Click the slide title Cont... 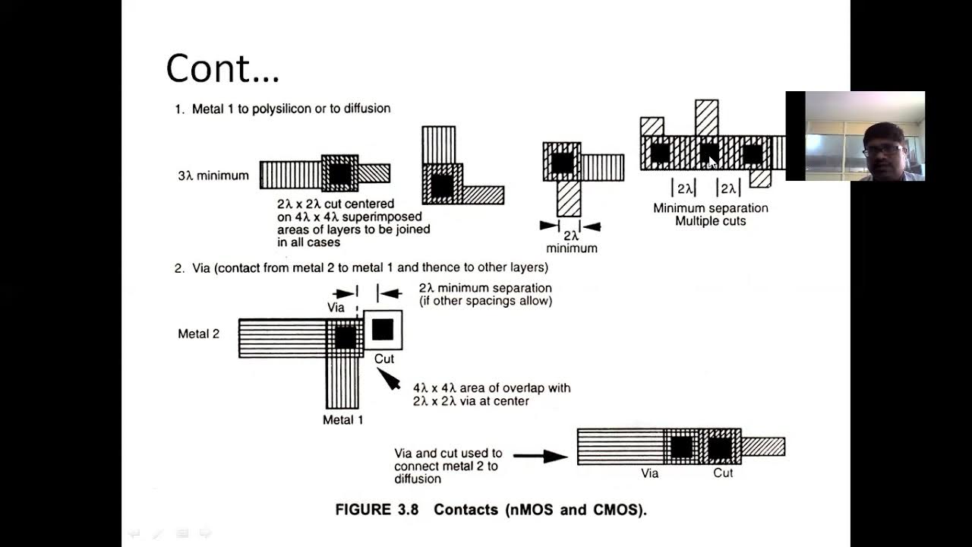pyautogui.click(x=222, y=68)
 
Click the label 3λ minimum pyautogui.click(x=213, y=175)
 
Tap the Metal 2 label pyautogui.click(x=198, y=334)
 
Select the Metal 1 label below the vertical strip pyautogui.click(x=342, y=420)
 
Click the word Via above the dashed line pyautogui.click(x=336, y=308)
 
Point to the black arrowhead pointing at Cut pyautogui.click(x=389, y=378)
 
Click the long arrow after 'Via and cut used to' pyautogui.click(x=540, y=456)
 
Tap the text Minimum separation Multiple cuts pyautogui.click(x=710, y=214)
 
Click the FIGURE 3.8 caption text pyautogui.click(x=491, y=510)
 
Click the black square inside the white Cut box pyautogui.click(x=383, y=329)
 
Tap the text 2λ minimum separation pyautogui.click(x=485, y=289)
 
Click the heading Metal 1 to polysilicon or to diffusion pyautogui.click(x=291, y=109)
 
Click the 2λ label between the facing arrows pyautogui.click(x=570, y=235)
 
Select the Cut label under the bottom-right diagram pyautogui.click(x=723, y=473)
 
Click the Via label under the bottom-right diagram pyautogui.click(x=650, y=473)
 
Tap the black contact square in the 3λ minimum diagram pyautogui.click(x=339, y=174)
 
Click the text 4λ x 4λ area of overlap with pyautogui.click(x=491, y=387)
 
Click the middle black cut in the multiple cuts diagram pyautogui.click(x=708, y=153)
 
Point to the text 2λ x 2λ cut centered pyautogui.click(x=336, y=204)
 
